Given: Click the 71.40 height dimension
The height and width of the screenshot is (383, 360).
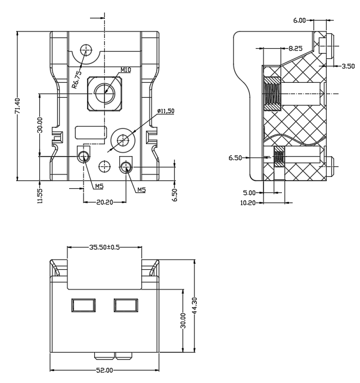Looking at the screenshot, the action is (x=17, y=106).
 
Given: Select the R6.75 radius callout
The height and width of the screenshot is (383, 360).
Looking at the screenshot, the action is (x=77, y=80).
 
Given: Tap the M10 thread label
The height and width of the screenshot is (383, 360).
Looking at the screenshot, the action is (x=126, y=70).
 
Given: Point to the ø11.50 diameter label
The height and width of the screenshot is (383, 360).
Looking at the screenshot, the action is (x=166, y=111).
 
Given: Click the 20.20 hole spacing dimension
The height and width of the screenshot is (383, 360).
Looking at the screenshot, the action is (x=105, y=203).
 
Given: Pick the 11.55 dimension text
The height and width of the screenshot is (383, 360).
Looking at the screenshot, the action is (x=40, y=195).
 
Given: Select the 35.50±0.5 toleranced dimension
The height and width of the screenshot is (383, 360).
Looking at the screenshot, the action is (x=104, y=247).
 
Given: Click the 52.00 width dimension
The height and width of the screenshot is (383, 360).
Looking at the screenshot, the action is (x=105, y=370).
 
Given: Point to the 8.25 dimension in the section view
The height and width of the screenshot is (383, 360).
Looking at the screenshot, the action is (x=296, y=48).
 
